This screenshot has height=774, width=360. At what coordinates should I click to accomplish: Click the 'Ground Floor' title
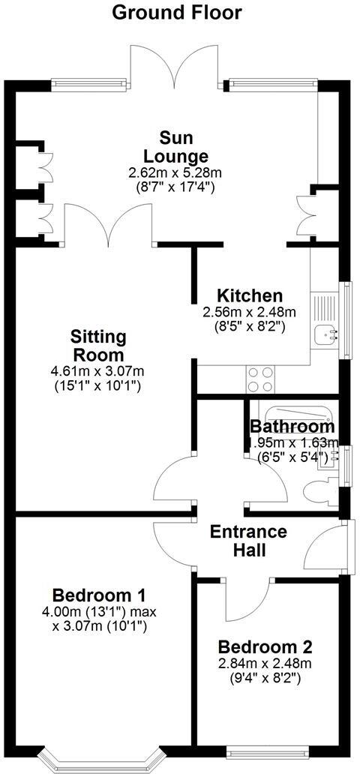click(x=177, y=12)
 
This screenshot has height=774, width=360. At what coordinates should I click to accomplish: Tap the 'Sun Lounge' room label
click(x=176, y=147)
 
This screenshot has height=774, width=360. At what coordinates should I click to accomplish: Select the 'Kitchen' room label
click(x=249, y=295)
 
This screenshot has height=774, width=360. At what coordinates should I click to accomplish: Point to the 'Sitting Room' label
click(x=98, y=345)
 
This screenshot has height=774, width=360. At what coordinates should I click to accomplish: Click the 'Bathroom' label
click(x=292, y=427)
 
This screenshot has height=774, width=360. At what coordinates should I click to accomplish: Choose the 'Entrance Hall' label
click(x=247, y=540)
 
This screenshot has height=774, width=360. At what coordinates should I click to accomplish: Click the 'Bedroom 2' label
click(x=265, y=646)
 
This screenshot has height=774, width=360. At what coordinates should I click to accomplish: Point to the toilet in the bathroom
click(x=319, y=492)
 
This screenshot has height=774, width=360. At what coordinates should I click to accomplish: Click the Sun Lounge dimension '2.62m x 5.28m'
click(x=175, y=172)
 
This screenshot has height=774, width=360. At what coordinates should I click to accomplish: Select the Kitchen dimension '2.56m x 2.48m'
click(x=250, y=312)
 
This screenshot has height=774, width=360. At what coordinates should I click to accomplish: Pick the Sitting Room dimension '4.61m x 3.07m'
click(x=98, y=371)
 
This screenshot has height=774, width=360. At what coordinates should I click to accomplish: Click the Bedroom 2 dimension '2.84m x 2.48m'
click(x=265, y=663)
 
